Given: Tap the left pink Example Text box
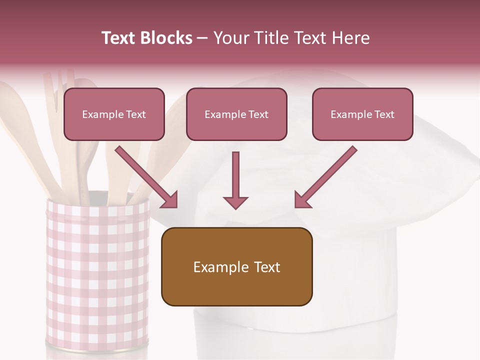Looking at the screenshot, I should pyautogui.click(x=114, y=114).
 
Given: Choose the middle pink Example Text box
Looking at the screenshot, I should pyautogui.click(x=236, y=114).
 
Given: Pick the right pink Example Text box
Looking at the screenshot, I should pyautogui.click(x=362, y=114).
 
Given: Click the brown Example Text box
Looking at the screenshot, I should pyautogui.click(x=236, y=266).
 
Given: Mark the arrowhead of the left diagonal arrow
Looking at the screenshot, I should pyautogui.click(x=170, y=200).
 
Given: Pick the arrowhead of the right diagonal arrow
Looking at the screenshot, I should pyautogui.click(x=302, y=200).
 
